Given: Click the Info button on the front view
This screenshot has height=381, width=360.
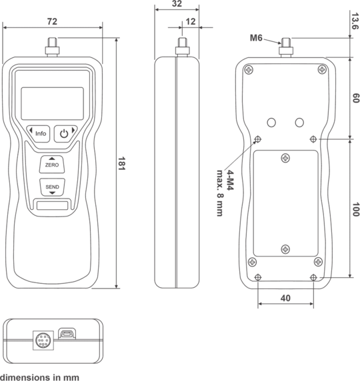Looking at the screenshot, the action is tap(38, 134).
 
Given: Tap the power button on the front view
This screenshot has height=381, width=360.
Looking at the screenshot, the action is tap(65, 134).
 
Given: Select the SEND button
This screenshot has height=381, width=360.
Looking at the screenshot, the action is tap(52, 187).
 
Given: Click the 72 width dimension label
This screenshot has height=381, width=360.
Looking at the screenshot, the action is tap(52, 21).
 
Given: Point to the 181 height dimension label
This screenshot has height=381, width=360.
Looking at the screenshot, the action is tap(121, 164).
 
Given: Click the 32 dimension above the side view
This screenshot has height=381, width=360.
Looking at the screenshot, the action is tap(177, 3).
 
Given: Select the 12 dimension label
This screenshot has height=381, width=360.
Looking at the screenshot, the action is tap(191, 21).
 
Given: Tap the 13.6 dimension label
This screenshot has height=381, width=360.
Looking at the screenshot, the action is tap(355, 21).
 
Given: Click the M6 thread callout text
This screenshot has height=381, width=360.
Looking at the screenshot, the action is tap(256, 38).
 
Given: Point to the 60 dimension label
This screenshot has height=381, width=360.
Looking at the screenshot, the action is tap(355, 98).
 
